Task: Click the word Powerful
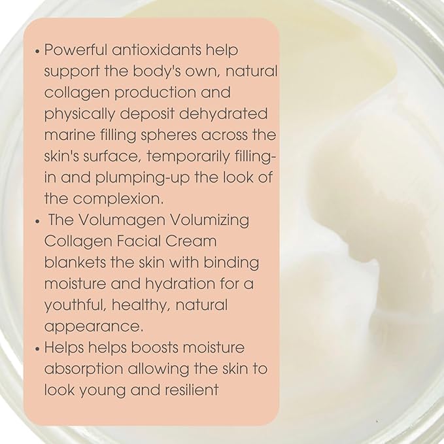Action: pyautogui.click(x=76, y=50)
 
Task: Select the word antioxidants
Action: pyautogui.click(x=156, y=50)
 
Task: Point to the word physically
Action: pyautogui.click(x=80, y=114)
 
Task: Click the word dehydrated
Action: pyautogui.click(x=224, y=114)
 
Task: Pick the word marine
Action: pyautogui.click(x=70, y=135)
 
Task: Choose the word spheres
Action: pyautogui.click(x=169, y=135)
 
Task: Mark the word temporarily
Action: pyautogui.click(x=188, y=156)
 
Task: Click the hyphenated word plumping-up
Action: pyautogui.click(x=142, y=178)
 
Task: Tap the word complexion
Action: pyautogui.click(x=118, y=199)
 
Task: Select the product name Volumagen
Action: pyautogui.click(x=122, y=220)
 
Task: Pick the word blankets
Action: pyautogui.click(x=75, y=262)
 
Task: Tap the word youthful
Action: pyautogui.click(x=75, y=305)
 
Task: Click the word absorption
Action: pyautogui.click(x=84, y=369)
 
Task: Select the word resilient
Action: pyautogui.click(x=192, y=390)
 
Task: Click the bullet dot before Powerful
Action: pyautogui.click(x=37, y=52)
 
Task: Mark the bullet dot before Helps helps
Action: pyautogui.click(x=37, y=349)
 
